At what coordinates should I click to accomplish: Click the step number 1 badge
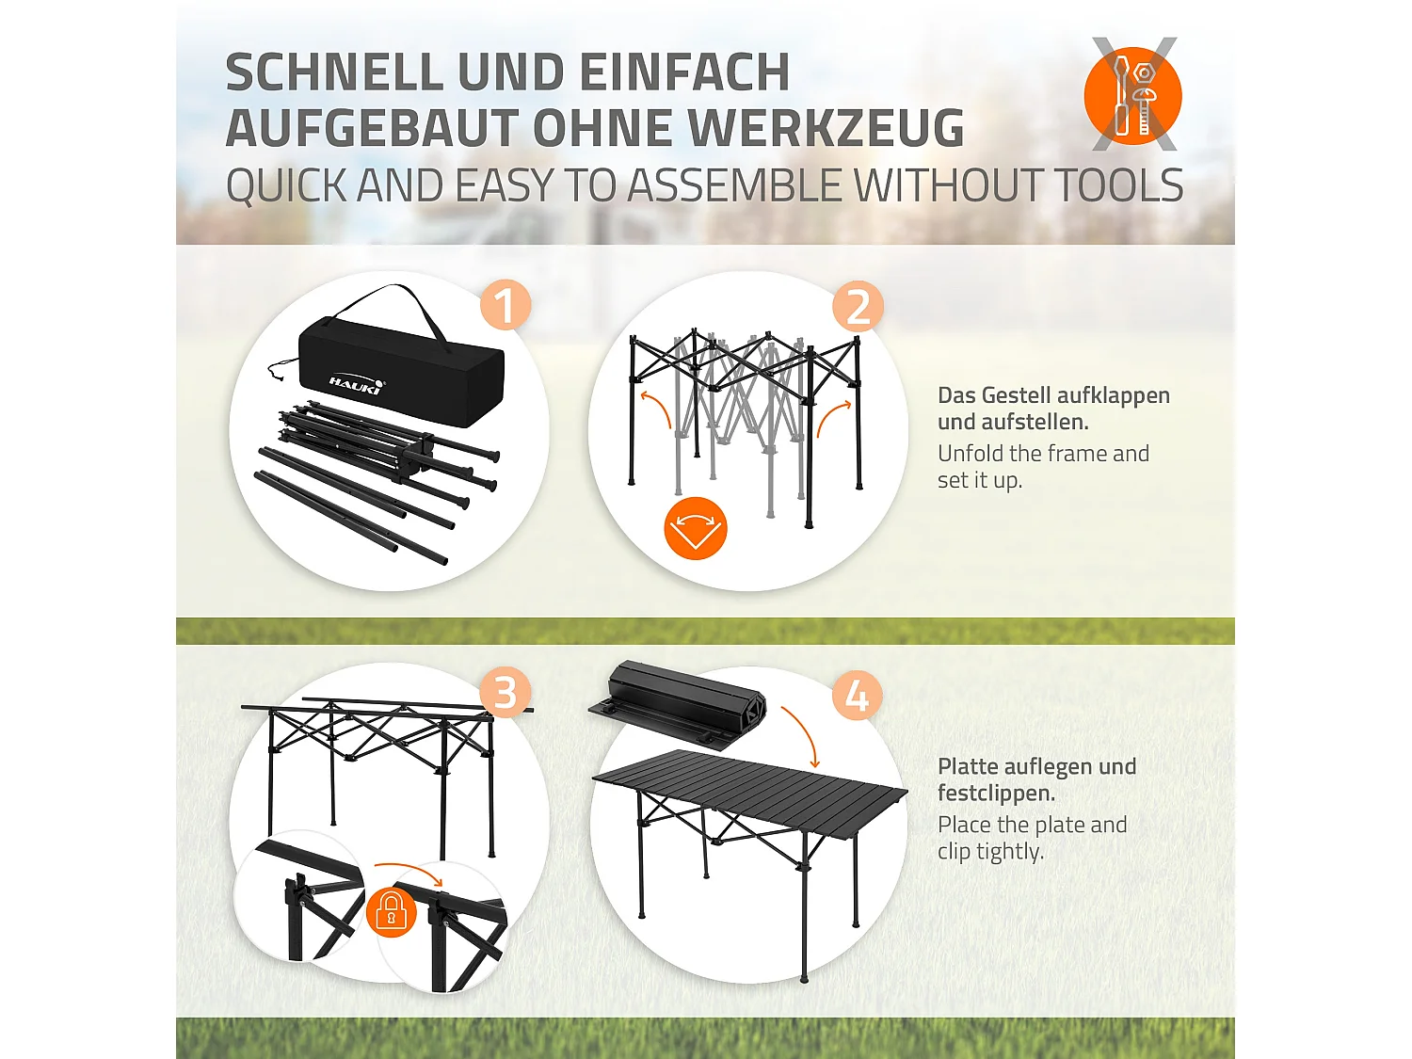(505, 305)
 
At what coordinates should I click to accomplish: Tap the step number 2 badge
(858, 306)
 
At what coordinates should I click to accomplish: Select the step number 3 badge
(505, 693)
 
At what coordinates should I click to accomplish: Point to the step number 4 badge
(858, 696)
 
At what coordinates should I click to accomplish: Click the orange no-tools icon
(1133, 94)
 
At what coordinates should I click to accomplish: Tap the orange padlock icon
(391, 912)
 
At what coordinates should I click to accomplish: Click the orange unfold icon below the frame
(696, 528)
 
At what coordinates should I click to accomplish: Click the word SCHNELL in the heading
(334, 72)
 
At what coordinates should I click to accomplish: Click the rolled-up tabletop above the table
(679, 704)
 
